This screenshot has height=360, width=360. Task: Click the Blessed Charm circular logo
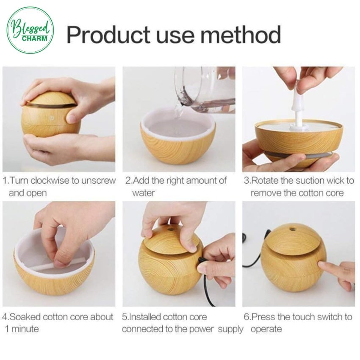pos(30,30)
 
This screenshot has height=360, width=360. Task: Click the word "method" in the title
pos(241,35)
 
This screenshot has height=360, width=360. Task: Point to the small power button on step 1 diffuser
pos(52,118)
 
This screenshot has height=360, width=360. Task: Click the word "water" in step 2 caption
pos(143,193)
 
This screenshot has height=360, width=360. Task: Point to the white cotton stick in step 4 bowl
pos(62,264)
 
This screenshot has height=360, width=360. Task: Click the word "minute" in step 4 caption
pos(25,329)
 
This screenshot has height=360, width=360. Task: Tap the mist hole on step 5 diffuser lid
pos(170,229)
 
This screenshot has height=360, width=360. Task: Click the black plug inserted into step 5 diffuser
pos(202,261)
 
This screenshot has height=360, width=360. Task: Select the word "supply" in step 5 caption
pos(230,330)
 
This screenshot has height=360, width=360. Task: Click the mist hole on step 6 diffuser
pos(292,229)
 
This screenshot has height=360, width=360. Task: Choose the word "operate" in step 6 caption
pos(266,330)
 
